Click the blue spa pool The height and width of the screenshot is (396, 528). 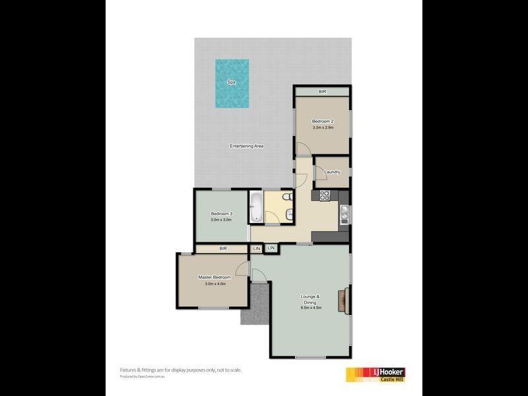coord(232,84)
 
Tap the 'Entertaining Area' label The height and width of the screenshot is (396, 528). coord(247,145)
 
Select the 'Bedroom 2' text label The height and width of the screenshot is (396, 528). coord(323,121)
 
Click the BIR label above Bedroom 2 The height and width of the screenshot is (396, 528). coord(323,92)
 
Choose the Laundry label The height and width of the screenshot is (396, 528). coord(332,172)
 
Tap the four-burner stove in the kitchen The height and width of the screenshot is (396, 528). coord(324,195)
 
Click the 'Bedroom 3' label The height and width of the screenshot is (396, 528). coord(222,213)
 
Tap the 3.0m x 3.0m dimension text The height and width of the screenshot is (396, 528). coord(222,220)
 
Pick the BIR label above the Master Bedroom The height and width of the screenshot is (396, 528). coord(223,248)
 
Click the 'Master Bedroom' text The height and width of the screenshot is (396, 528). coord(214,277)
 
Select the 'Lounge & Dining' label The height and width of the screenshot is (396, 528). coord(310,298)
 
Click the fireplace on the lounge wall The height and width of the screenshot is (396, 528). coord(344,300)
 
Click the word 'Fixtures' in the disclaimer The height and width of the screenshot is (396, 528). coord(129,370)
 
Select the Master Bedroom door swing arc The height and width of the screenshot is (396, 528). coord(242,267)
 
